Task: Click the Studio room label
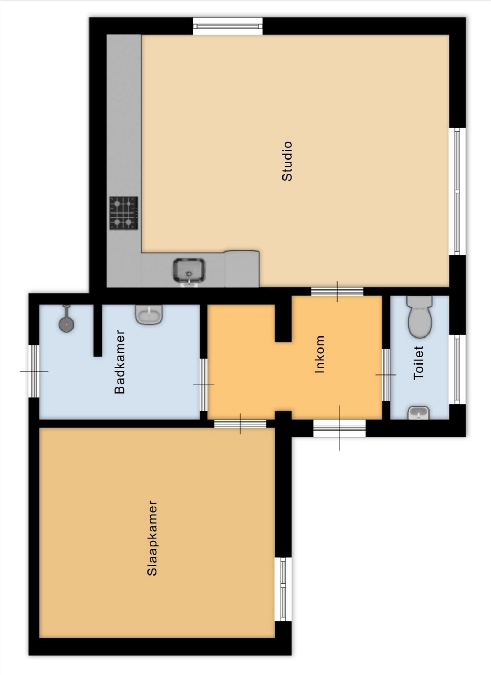click(x=287, y=161)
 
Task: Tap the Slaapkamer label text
click(x=152, y=538)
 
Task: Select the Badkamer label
click(x=120, y=362)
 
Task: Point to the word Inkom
click(x=320, y=354)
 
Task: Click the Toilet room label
click(x=419, y=363)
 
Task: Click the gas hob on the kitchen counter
click(x=124, y=213)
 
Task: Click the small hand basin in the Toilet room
click(x=419, y=413)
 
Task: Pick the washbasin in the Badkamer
click(x=149, y=314)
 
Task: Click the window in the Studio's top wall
click(x=228, y=26)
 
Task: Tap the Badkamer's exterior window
click(x=34, y=371)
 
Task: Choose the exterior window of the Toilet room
click(x=458, y=369)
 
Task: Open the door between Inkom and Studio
click(x=337, y=292)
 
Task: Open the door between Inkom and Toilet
click(x=386, y=375)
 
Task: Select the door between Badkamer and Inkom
click(x=204, y=385)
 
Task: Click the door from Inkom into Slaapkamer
click(x=240, y=423)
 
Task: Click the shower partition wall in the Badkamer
click(x=98, y=330)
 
